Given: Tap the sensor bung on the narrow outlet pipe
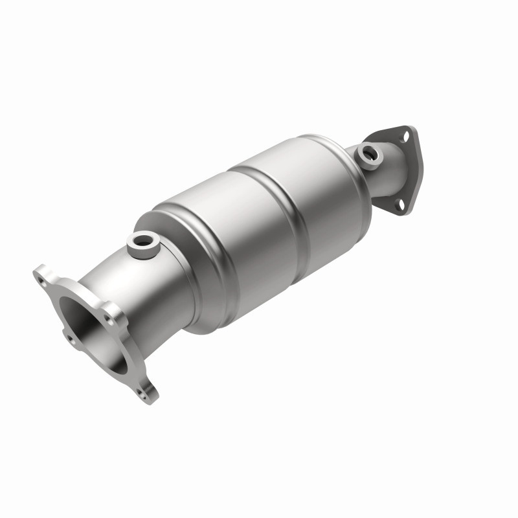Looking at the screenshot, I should pos(370,155).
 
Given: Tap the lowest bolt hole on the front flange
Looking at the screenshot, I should pos(142,391).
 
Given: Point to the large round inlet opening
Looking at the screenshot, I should pos(87,330).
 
